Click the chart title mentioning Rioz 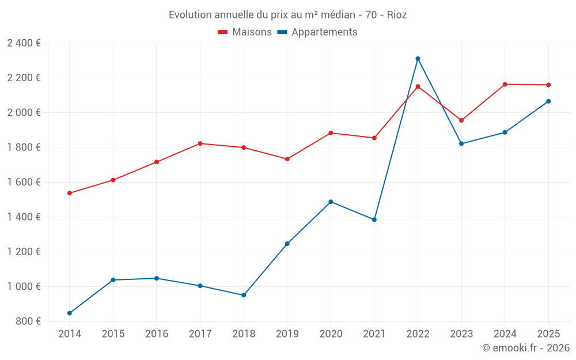(x=287, y=15)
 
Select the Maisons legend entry (x=245, y=32)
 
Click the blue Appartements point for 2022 (x=418, y=59)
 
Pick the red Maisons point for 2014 (x=70, y=193)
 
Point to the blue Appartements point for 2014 (x=70, y=313)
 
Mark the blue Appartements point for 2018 (x=244, y=295)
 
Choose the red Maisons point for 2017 (x=200, y=143)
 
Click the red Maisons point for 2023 (x=461, y=120)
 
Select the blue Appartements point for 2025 (x=548, y=101)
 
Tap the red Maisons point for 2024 (x=505, y=85)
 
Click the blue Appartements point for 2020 (x=331, y=202)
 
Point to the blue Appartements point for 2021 (x=374, y=219)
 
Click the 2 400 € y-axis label (x=24, y=43)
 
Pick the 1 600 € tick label (x=24, y=182)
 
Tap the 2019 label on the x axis (x=287, y=334)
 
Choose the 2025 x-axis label (x=548, y=334)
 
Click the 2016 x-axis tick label (x=157, y=334)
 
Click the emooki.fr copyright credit (x=526, y=348)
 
